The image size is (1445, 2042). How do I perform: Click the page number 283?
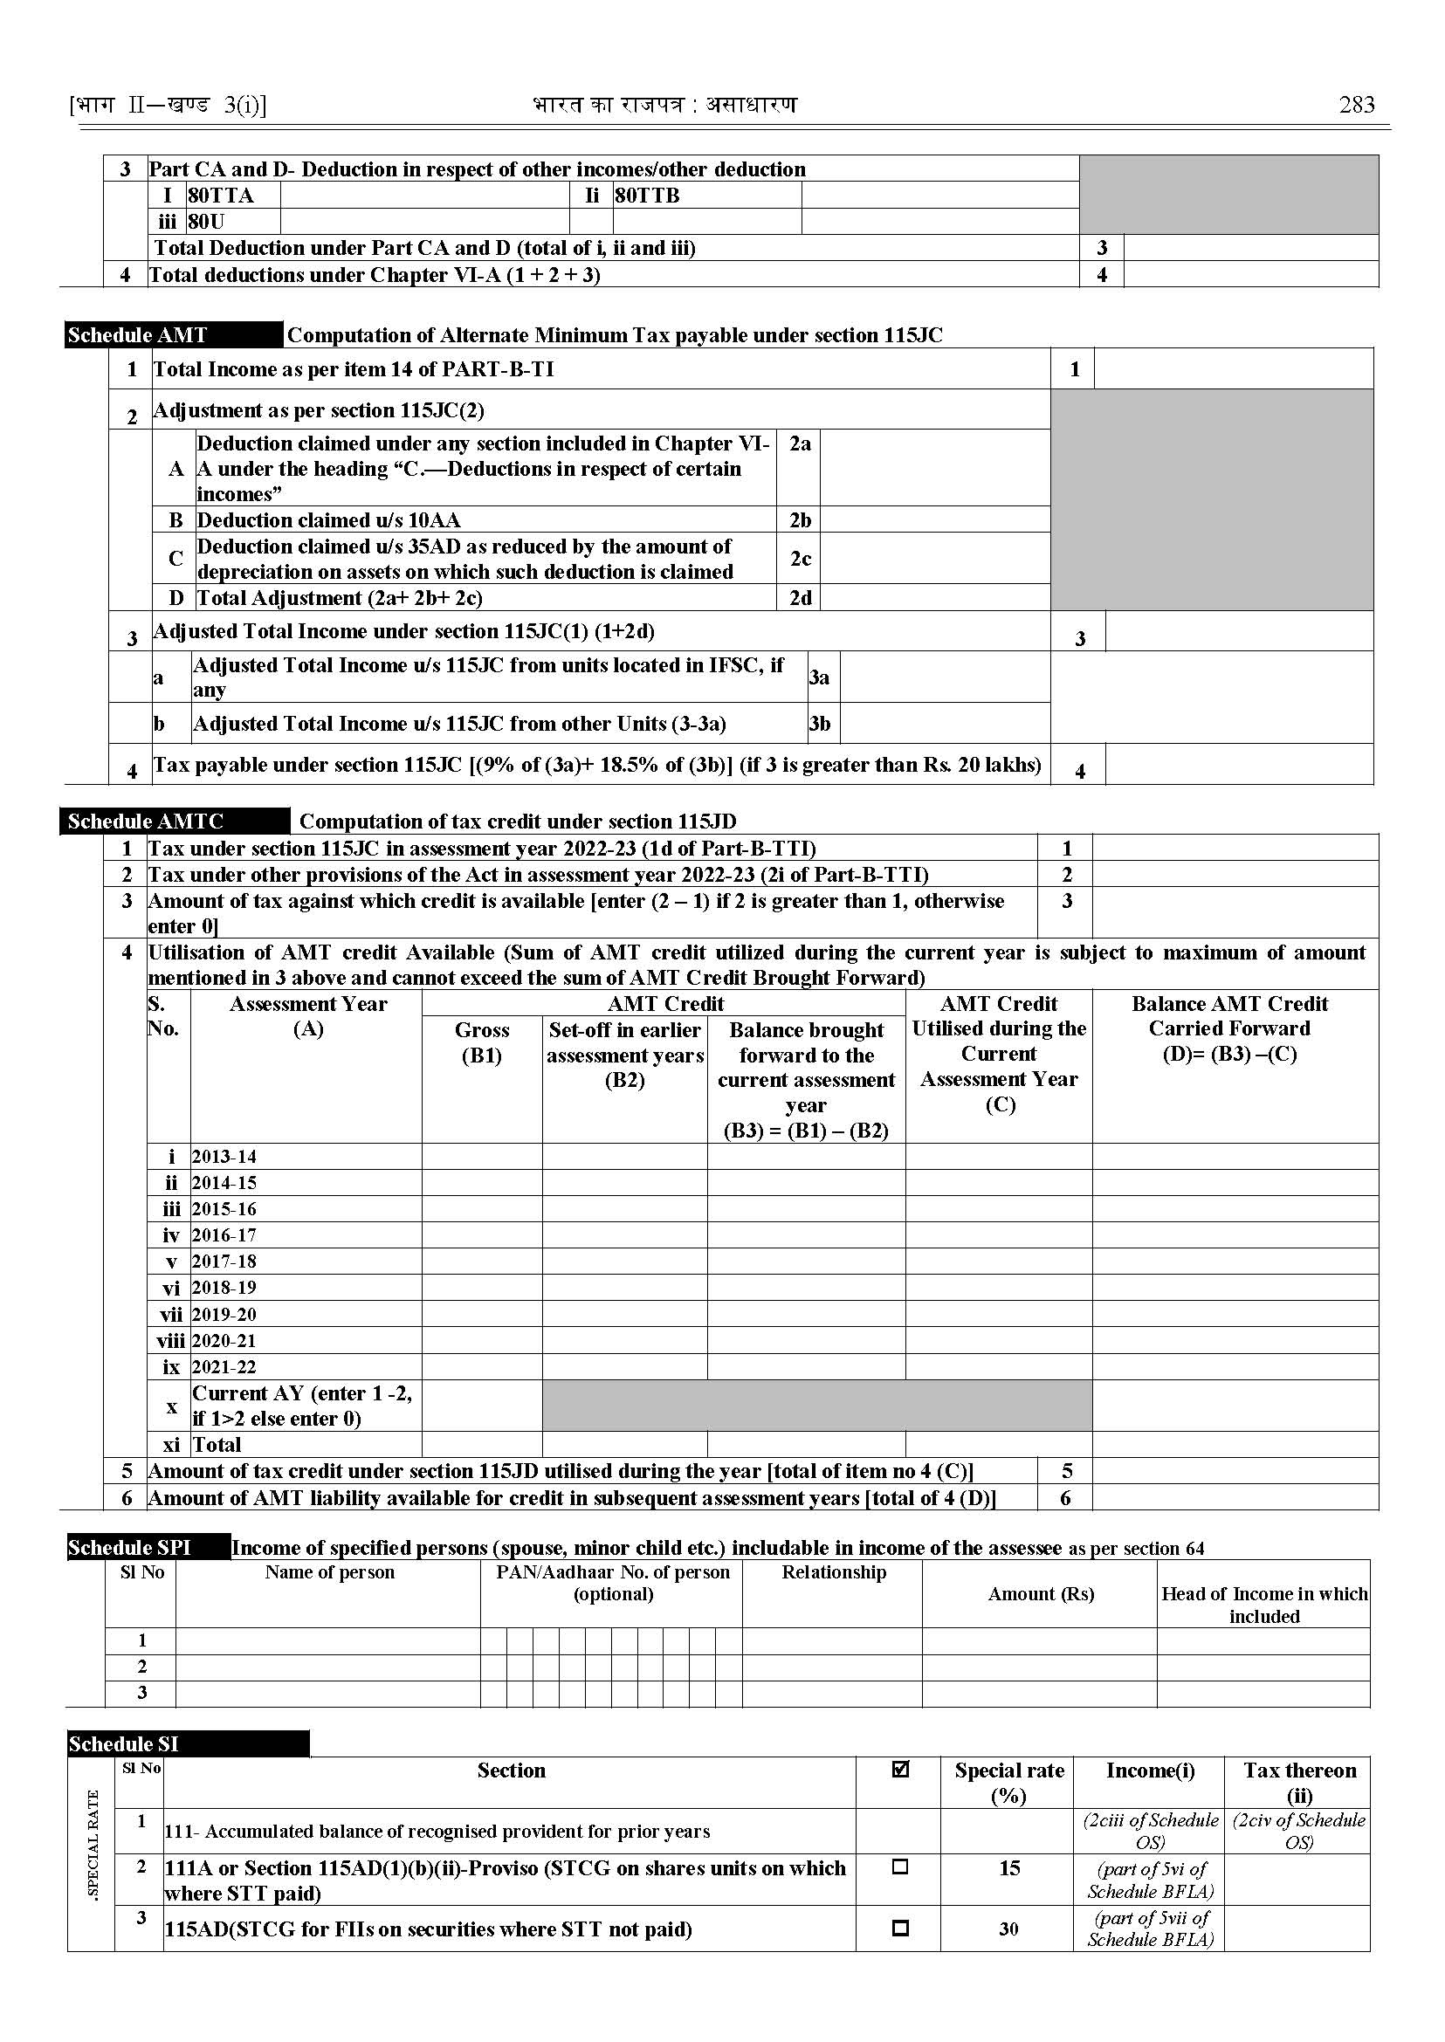(x=1356, y=105)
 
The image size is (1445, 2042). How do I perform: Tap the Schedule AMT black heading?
(x=138, y=335)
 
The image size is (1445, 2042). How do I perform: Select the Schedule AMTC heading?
(x=146, y=822)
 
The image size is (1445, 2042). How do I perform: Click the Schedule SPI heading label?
(x=130, y=1572)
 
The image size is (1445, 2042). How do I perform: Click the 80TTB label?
(x=647, y=196)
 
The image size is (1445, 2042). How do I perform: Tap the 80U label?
(x=206, y=222)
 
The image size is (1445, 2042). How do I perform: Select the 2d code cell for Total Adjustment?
(x=800, y=598)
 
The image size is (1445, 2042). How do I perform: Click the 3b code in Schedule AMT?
(x=820, y=725)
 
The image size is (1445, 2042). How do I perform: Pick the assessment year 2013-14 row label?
(x=224, y=1157)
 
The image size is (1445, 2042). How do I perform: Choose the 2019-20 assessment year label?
(x=224, y=1314)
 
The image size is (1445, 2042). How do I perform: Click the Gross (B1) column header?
(x=481, y=1042)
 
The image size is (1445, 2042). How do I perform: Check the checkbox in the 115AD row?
(x=899, y=1929)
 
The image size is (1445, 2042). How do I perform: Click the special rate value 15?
(x=1009, y=1867)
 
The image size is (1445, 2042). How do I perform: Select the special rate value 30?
(x=1008, y=1929)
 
